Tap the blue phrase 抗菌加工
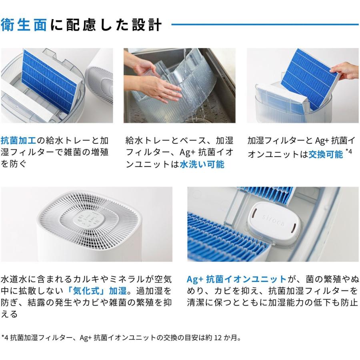click(19, 141)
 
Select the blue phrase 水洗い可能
click(202, 164)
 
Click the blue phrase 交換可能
click(326, 154)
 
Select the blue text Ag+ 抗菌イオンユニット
click(237, 279)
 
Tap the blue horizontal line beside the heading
click(264, 24)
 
